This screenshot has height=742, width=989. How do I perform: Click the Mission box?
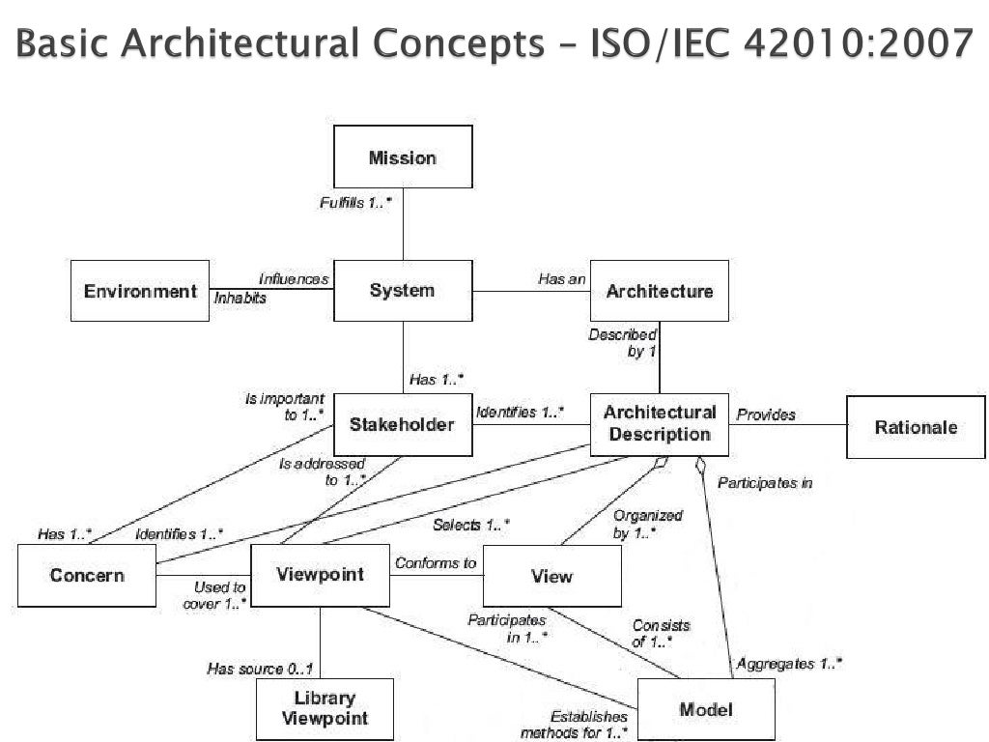403,157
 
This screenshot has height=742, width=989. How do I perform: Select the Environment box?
140,291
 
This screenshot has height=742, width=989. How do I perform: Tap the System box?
402,291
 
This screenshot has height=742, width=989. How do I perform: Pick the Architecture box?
660,291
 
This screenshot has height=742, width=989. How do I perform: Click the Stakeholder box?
402,424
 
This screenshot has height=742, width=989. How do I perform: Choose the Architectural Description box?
660,424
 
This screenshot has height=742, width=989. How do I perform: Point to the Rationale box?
916,427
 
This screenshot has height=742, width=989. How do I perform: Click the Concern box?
87,576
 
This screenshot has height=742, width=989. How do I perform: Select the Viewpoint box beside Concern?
320,576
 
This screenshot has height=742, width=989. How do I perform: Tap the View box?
551,577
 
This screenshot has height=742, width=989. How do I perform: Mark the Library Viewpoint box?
325,708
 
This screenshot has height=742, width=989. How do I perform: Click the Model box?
706,710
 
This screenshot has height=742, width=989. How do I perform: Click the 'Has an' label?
562,279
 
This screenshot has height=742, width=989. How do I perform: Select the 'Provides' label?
766,414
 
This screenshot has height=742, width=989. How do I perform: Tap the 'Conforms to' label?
435,563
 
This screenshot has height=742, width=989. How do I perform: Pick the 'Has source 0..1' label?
260,669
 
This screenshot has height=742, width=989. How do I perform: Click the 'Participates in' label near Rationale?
765,483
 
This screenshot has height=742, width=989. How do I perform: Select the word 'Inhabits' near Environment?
240,299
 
